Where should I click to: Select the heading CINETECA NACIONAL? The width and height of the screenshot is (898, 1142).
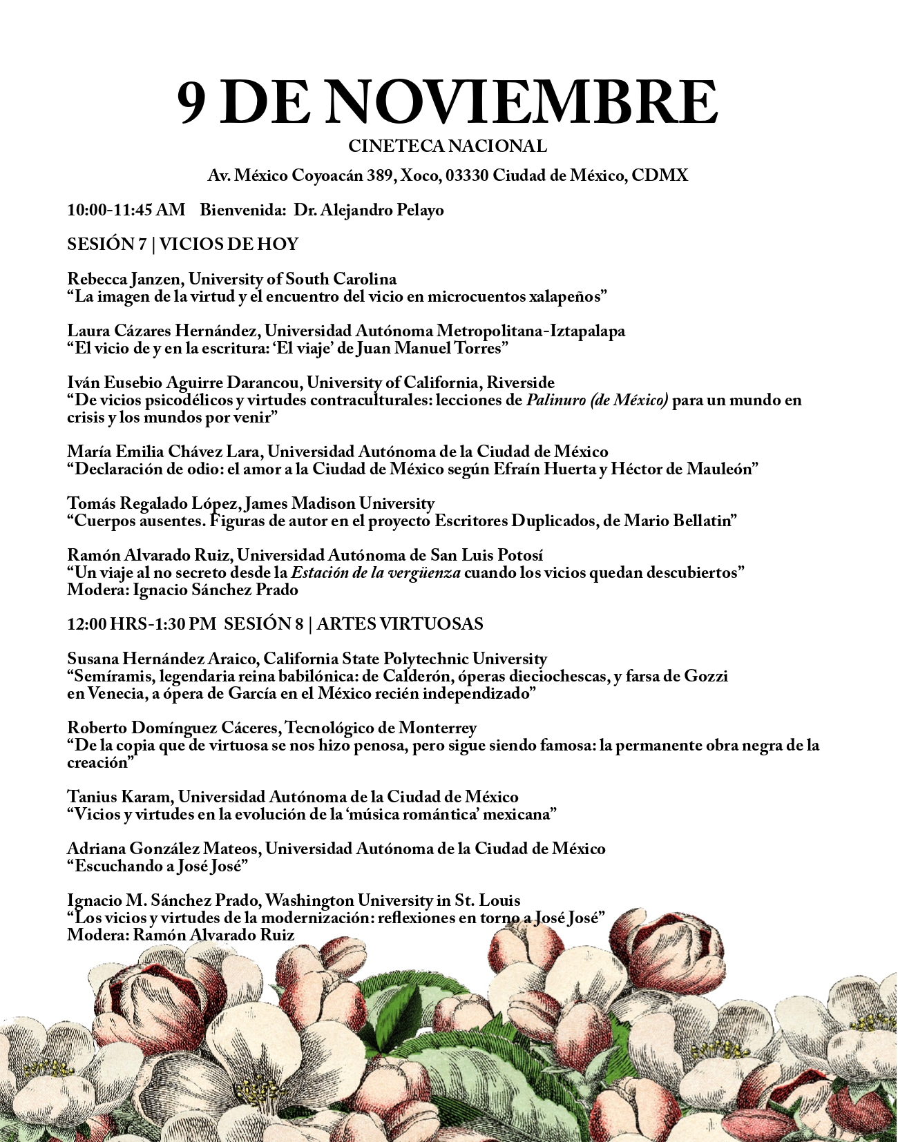pyautogui.click(x=448, y=146)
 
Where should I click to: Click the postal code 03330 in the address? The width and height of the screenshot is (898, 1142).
pyautogui.click(x=467, y=175)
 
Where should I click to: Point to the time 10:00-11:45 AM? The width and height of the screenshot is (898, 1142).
pyautogui.click(x=126, y=210)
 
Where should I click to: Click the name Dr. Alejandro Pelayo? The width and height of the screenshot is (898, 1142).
pyautogui.click(x=369, y=210)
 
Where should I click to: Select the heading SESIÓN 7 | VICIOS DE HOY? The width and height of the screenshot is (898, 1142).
pyautogui.click(x=182, y=244)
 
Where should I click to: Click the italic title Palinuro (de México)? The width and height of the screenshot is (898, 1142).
pyautogui.click(x=597, y=400)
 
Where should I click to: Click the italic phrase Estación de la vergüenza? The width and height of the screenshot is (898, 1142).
pyautogui.click(x=376, y=572)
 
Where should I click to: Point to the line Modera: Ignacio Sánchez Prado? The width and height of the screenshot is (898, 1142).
pyautogui.click(x=182, y=590)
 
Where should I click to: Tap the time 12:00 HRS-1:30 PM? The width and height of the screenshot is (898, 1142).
pyautogui.click(x=142, y=624)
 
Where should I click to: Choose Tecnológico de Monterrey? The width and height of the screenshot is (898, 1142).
pyautogui.click(x=381, y=728)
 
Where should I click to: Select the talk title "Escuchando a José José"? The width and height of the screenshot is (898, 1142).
pyautogui.click(x=157, y=866)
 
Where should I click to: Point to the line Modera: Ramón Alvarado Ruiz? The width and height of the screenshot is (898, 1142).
pyautogui.click(x=180, y=935)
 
